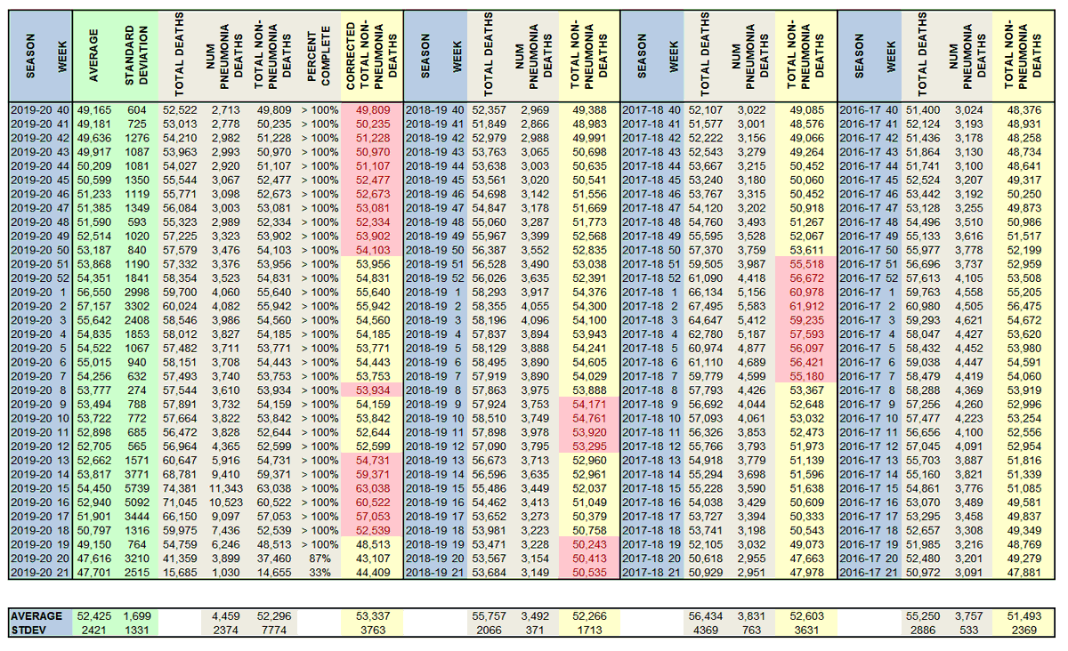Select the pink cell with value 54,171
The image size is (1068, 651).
588,402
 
